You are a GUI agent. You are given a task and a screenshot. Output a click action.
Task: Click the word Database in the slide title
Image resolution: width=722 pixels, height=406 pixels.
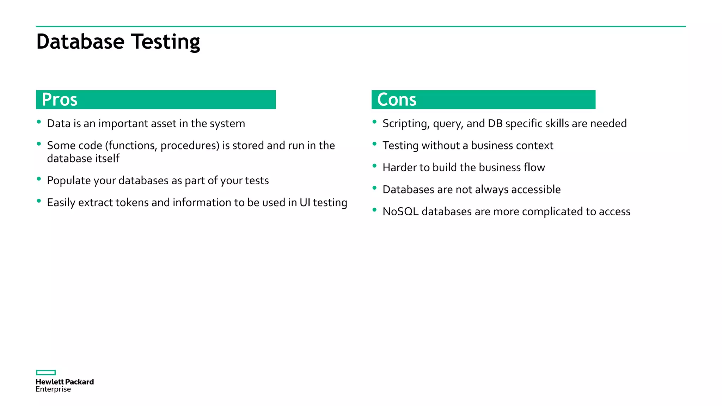(x=80, y=42)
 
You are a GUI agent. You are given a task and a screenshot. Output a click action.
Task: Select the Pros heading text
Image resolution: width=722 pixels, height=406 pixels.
(x=60, y=99)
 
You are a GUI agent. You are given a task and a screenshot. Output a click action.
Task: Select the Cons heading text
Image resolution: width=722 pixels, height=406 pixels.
(x=397, y=99)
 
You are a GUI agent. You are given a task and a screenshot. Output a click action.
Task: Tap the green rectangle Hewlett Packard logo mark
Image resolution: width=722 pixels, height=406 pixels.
(x=46, y=373)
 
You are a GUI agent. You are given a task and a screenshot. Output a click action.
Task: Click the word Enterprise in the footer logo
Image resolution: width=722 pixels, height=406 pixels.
(x=53, y=389)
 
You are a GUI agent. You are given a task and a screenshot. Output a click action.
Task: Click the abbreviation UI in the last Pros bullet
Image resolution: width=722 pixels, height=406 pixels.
(x=305, y=203)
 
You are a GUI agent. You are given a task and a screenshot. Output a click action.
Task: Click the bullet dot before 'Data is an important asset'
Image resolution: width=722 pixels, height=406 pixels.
(x=39, y=122)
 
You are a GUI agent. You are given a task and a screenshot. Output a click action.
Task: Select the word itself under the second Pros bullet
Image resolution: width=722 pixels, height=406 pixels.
(x=108, y=159)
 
